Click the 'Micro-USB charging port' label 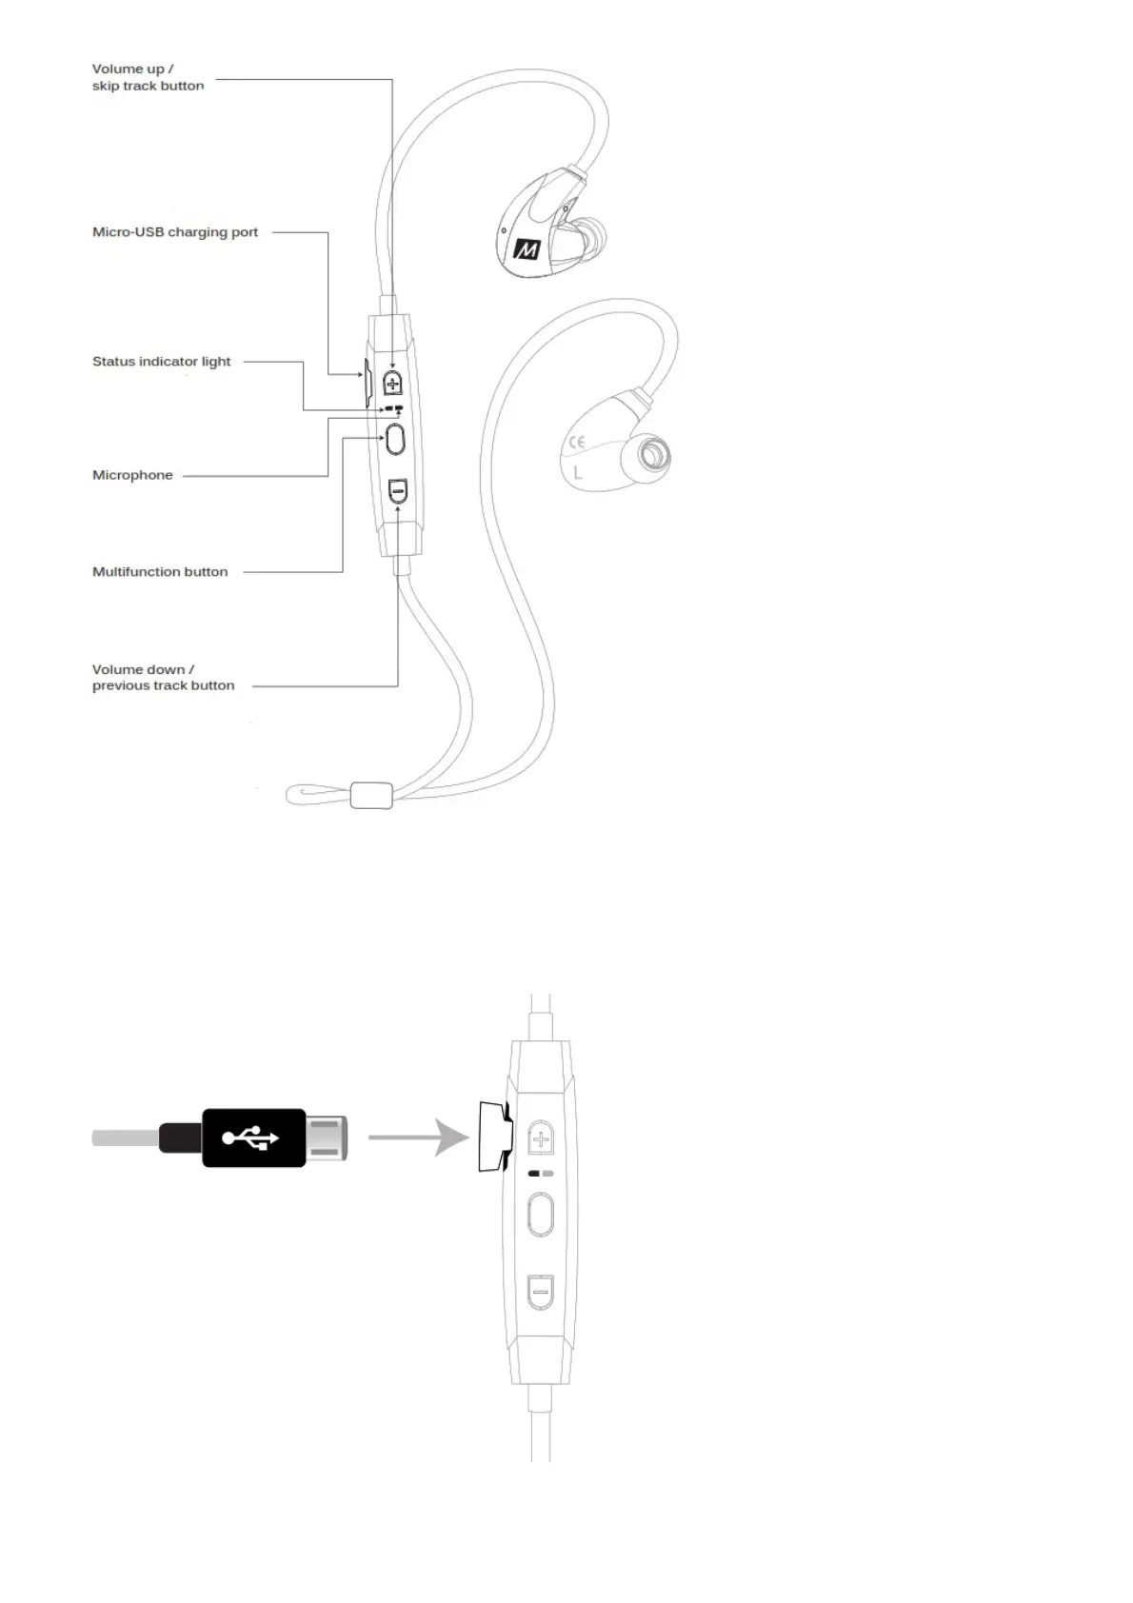click(x=175, y=232)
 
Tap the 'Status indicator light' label click(x=161, y=362)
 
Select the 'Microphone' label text click(x=132, y=475)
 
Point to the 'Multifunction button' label click(x=160, y=572)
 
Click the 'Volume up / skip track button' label click(x=148, y=77)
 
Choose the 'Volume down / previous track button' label click(x=163, y=678)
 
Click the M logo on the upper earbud click(x=527, y=248)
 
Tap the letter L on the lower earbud click(x=577, y=471)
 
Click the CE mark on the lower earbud click(x=576, y=442)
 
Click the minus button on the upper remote click(x=399, y=492)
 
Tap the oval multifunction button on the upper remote click(x=396, y=440)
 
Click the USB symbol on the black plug click(x=250, y=1138)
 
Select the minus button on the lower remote click(x=541, y=1292)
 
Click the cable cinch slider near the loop click(x=371, y=795)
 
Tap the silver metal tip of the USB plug click(x=327, y=1138)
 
